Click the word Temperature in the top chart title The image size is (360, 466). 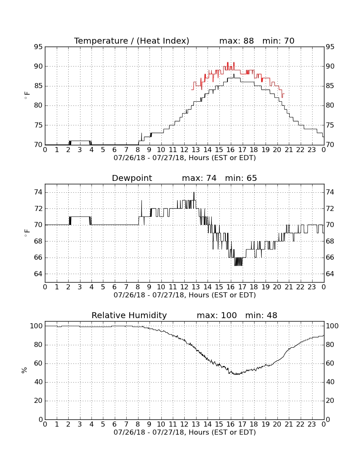pyautogui.click(x=101, y=41)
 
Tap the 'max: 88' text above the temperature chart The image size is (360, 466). pyautogui.click(x=236, y=41)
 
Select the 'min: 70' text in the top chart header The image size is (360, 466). pyautogui.click(x=278, y=41)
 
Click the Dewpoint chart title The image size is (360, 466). pyautogui.click(x=132, y=178)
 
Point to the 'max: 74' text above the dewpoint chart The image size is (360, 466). pyautogui.click(x=199, y=178)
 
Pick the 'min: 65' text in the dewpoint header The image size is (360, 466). pyautogui.click(x=241, y=178)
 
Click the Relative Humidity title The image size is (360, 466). pyautogui.click(x=129, y=315)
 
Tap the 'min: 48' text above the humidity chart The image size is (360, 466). pyautogui.click(x=261, y=315)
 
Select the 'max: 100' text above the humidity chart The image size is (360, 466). pyautogui.click(x=217, y=315)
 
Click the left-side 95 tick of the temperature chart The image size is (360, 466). pyautogui.click(x=38, y=47)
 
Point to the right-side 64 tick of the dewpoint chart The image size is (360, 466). pyautogui.click(x=330, y=274)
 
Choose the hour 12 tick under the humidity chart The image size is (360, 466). pyautogui.click(x=185, y=424)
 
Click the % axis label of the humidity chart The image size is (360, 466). pyautogui.click(x=25, y=370)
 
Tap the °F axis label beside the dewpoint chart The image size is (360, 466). pyautogui.click(x=27, y=233)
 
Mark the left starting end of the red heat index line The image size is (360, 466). pyautogui.click(x=191, y=89)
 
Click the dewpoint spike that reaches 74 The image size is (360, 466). pyautogui.click(x=194, y=192)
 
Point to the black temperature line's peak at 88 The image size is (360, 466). pyautogui.click(x=234, y=74)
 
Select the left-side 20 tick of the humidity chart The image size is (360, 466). pyautogui.click(x=38, y=401)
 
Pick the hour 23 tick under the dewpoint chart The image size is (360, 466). pyautogui.click(x=312, y=287)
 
